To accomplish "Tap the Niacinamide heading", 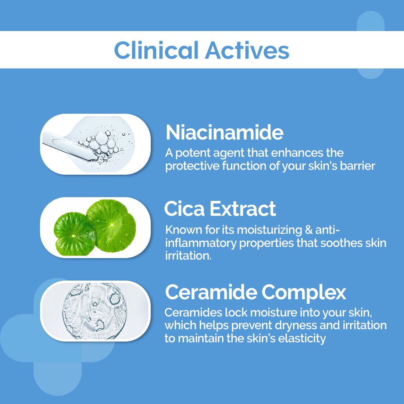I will pos(224,132).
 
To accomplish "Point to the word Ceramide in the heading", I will pos(211,292).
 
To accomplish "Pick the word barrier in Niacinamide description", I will pos(357,166).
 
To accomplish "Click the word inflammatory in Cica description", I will pos(200,243).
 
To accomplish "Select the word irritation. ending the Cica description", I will pos(188,256).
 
